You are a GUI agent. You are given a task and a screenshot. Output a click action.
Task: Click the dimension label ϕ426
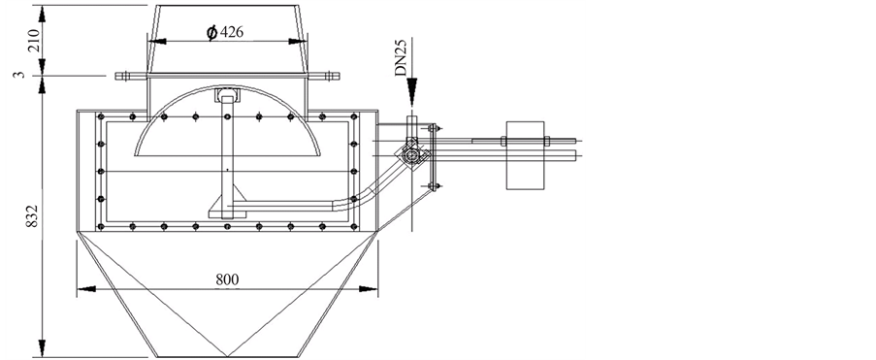click(x=225, y=32)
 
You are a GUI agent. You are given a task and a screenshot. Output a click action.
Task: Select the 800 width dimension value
click(x=227, y=279)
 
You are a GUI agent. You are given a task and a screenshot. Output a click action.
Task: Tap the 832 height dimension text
click(x=32, y=215)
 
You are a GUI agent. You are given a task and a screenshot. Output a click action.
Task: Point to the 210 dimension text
click(x=34, y=40)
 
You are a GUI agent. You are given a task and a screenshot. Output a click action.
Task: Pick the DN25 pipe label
click(x=401, y=57)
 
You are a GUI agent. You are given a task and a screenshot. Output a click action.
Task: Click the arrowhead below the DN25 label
click(x=411, y=92)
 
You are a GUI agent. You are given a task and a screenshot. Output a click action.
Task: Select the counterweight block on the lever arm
click(x=525, y=155)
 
